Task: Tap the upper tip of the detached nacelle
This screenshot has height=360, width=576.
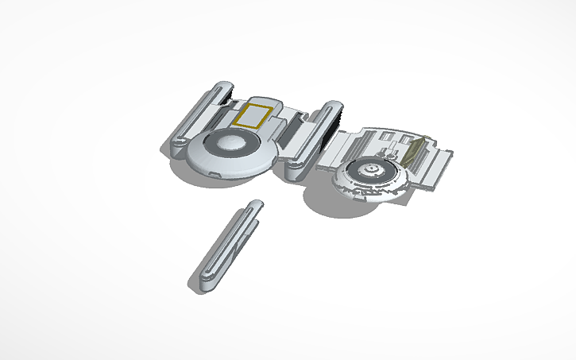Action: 257,207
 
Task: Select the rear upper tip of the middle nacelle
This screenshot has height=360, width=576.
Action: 332,106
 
